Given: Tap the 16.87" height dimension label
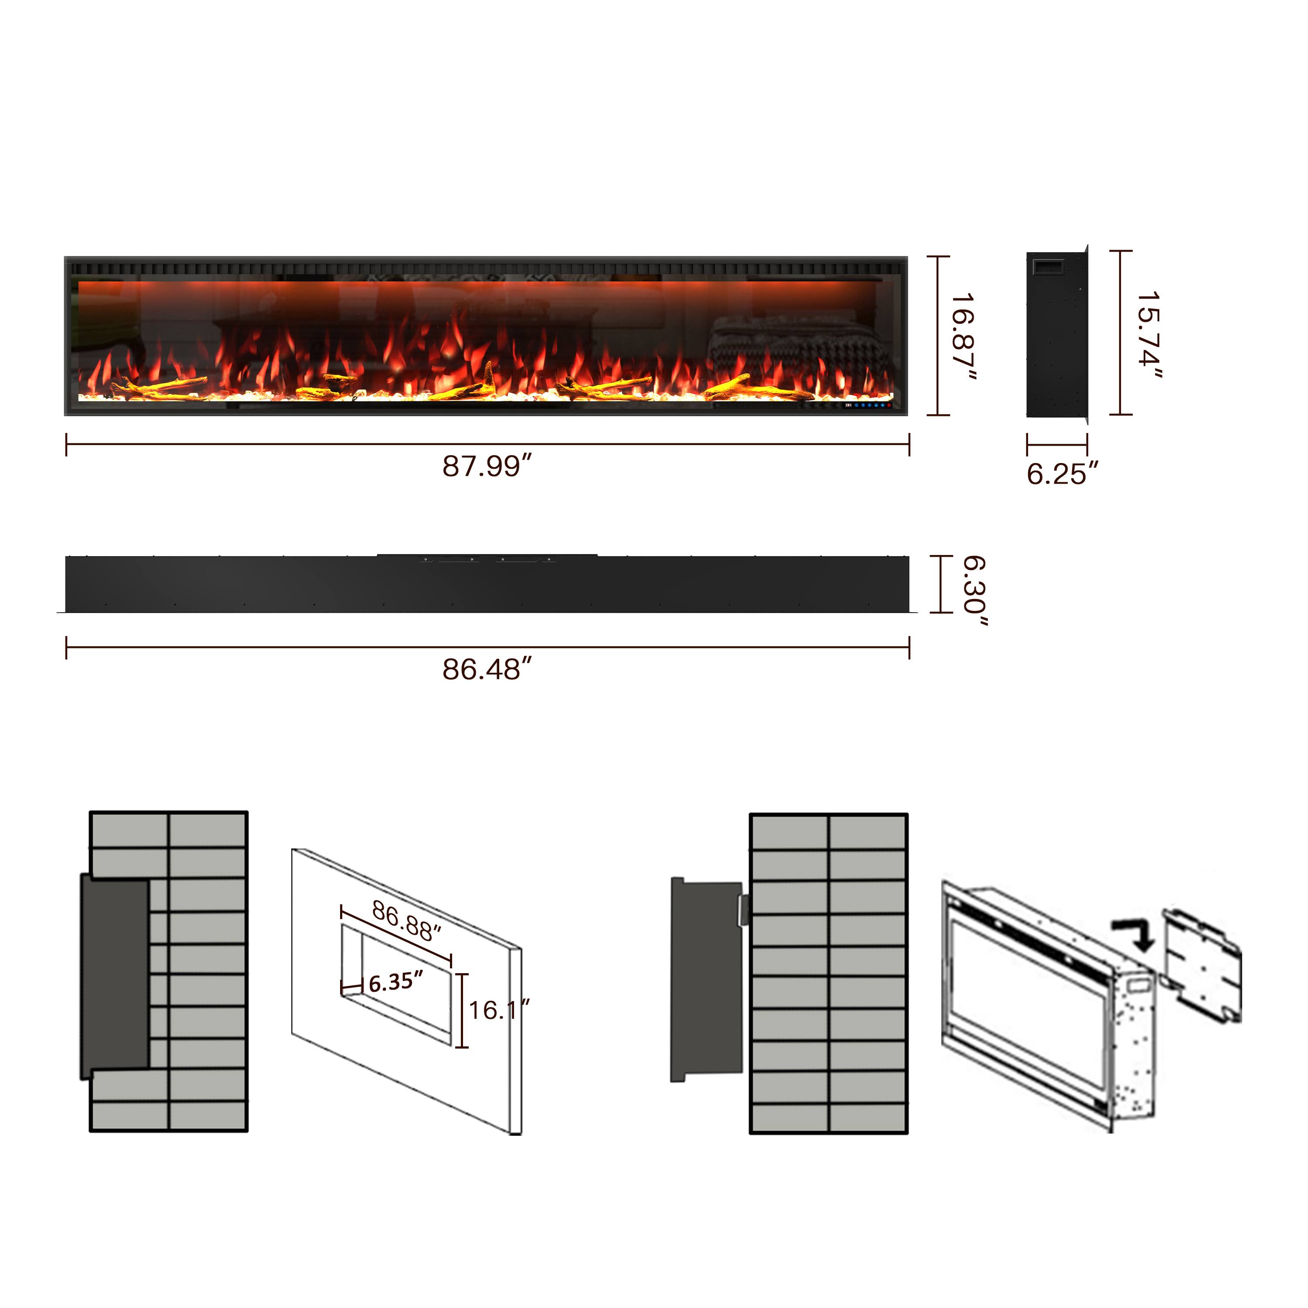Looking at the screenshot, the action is click(963, 337).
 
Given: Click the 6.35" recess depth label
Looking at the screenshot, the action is click(396, 981).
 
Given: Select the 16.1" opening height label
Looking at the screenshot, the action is click(499, 1010).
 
